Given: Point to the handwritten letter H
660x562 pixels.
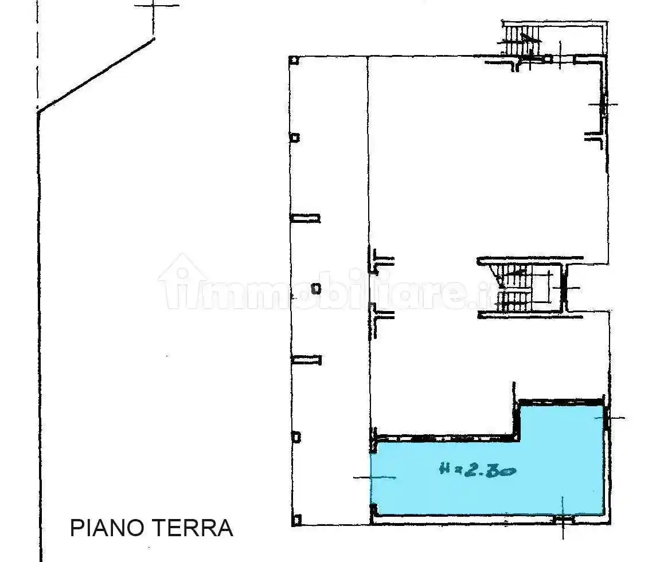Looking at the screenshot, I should pyautogui.click(x=445, y=470).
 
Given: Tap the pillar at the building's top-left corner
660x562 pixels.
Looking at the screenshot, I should pyautogui.click(x=294, y=60).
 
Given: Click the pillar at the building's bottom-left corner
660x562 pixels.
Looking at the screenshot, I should pyautogui.click(x=296, y=520).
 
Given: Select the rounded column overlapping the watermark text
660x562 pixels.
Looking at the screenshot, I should pyautogui.click(x=315, y=289).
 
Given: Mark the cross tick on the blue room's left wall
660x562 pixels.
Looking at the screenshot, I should pyautogui.click(x=373, y=477).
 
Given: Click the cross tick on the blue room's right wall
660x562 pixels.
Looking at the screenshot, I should pyautogui.click(x=606, y=419).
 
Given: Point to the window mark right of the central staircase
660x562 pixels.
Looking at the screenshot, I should pyautogui.click(x=565, y=288).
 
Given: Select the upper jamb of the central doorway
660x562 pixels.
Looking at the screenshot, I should pyautogui.click(x=381, y=259).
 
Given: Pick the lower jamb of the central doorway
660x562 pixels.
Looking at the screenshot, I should pyautogui.click(x=381, y=315).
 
